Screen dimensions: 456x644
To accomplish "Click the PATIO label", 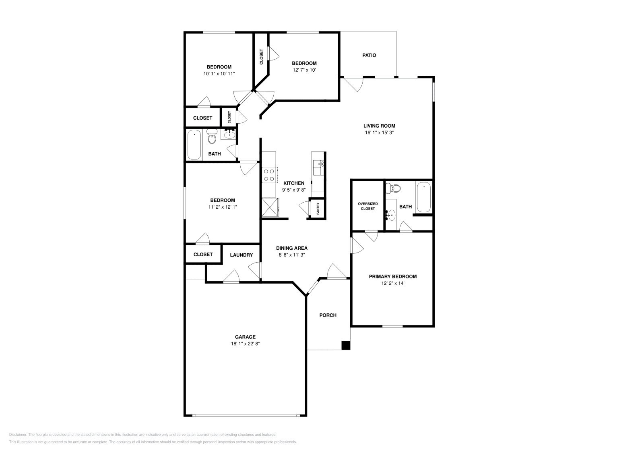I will pos(369,55).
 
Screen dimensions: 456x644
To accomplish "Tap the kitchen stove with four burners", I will pos(269,175).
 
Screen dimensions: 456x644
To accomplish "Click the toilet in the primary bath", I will pos(393,188).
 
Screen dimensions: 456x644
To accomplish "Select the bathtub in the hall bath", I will pos(194,145).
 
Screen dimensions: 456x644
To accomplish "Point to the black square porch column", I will pos(345,345).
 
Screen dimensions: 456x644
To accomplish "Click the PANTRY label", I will pos(318,208).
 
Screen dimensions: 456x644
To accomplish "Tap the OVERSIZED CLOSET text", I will pos(367,206).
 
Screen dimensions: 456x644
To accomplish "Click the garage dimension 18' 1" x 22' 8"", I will pos(245,344).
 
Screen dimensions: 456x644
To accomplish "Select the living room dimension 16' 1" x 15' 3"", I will pos(379,133).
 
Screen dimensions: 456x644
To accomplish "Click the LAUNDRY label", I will pos(241,255).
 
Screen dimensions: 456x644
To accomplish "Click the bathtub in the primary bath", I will pos(423,197).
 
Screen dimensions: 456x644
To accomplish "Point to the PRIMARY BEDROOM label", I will pos(392,276).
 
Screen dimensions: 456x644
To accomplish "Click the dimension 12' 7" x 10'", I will pos(304,70).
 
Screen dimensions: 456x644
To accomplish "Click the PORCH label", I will pos(328,315).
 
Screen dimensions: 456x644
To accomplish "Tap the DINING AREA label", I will pos(291,248).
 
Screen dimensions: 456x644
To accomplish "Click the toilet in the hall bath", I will pos(212,137).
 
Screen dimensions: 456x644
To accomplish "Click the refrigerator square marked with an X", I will pos(270,207).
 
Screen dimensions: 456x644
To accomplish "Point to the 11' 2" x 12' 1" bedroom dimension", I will pos(222,207).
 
